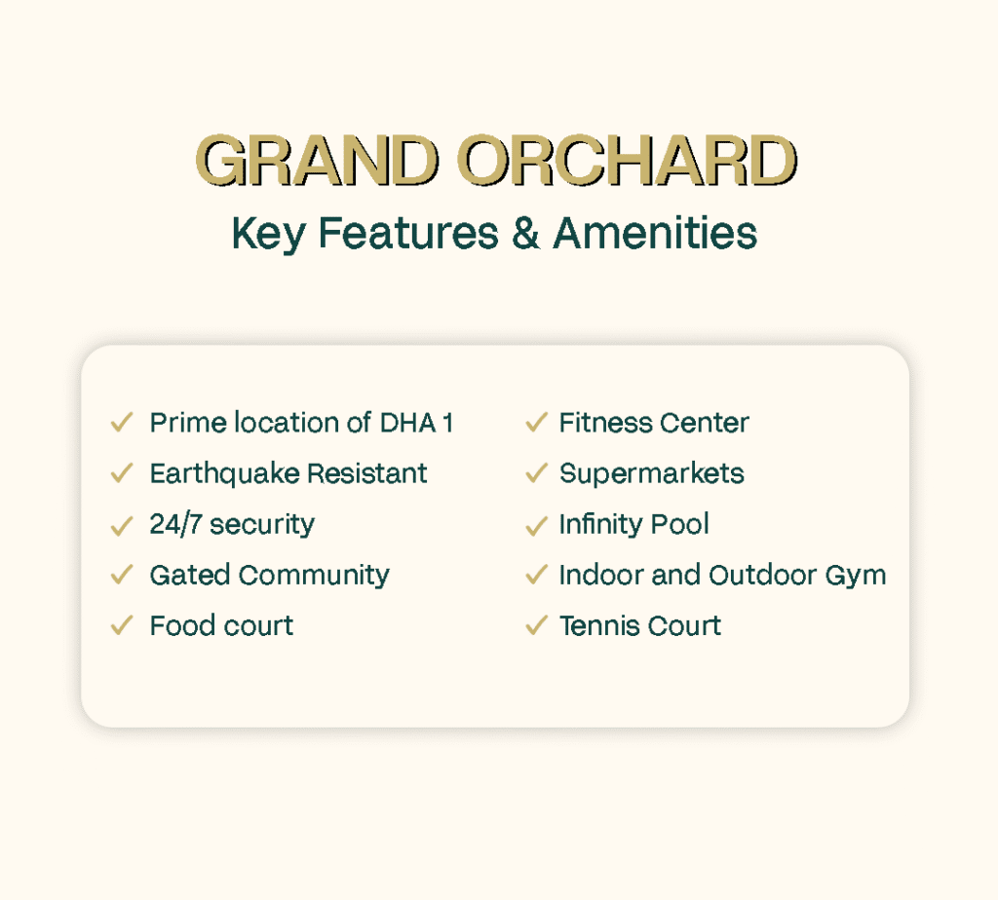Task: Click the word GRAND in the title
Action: point(317,160)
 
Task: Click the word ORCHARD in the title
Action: point(627,160)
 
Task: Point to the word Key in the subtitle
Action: point(269,234)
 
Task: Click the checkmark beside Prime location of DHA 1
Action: point(122,423)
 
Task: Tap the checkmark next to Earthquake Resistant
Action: point(122,473)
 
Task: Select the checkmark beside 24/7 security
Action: point(122,526)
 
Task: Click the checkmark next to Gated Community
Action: point(122,575)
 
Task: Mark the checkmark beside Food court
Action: point(122,625)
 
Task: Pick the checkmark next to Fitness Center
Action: point(537,423)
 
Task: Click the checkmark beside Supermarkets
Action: point(537,473)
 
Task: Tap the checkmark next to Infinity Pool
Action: point(537,526)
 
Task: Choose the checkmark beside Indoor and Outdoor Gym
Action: point(537,575)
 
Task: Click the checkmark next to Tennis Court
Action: point(537,625)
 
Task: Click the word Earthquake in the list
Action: point(224,474)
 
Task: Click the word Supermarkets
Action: point(652,474)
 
